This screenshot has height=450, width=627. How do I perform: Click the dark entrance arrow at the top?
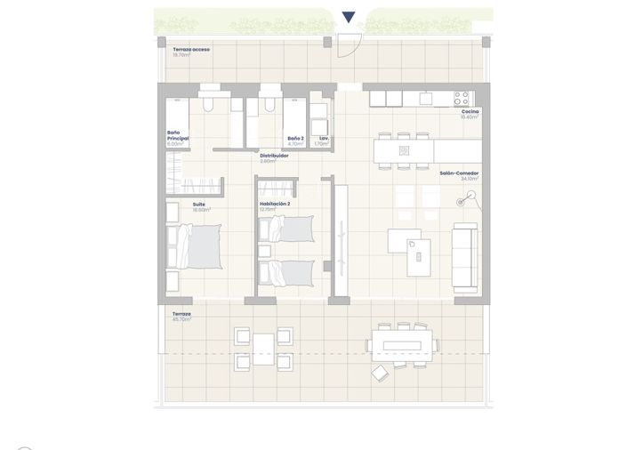click(x=349, y=17)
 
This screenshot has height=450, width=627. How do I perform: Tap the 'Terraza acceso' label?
click(x=191, y=50)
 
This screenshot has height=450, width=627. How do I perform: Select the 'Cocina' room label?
click(x=470, y=112)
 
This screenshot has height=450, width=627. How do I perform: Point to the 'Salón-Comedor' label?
click(x=459, y=173)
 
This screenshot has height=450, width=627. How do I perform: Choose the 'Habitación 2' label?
click(x=275, y=204)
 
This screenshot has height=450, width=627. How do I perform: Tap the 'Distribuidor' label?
click(x=274, y=156)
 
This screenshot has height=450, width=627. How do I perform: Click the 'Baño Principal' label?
click(x=178, y=136)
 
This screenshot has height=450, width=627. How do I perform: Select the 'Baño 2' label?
click(x=295, y=139)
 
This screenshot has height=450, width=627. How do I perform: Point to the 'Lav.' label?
click(x=325, y=139)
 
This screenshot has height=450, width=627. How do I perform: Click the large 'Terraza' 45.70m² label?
click(x=181, y=314)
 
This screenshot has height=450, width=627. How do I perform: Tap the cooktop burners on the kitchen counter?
click(x=462, y=97)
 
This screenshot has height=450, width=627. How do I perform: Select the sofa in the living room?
click(x=464, y=257)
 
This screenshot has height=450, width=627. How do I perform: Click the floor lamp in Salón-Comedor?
click(x=462, y=202)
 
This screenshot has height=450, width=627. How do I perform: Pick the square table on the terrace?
click(x=263, y=350)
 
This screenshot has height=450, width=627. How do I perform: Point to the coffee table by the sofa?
click(x=414, y=258)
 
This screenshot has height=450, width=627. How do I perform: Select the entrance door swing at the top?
click(x=350, y=45)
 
